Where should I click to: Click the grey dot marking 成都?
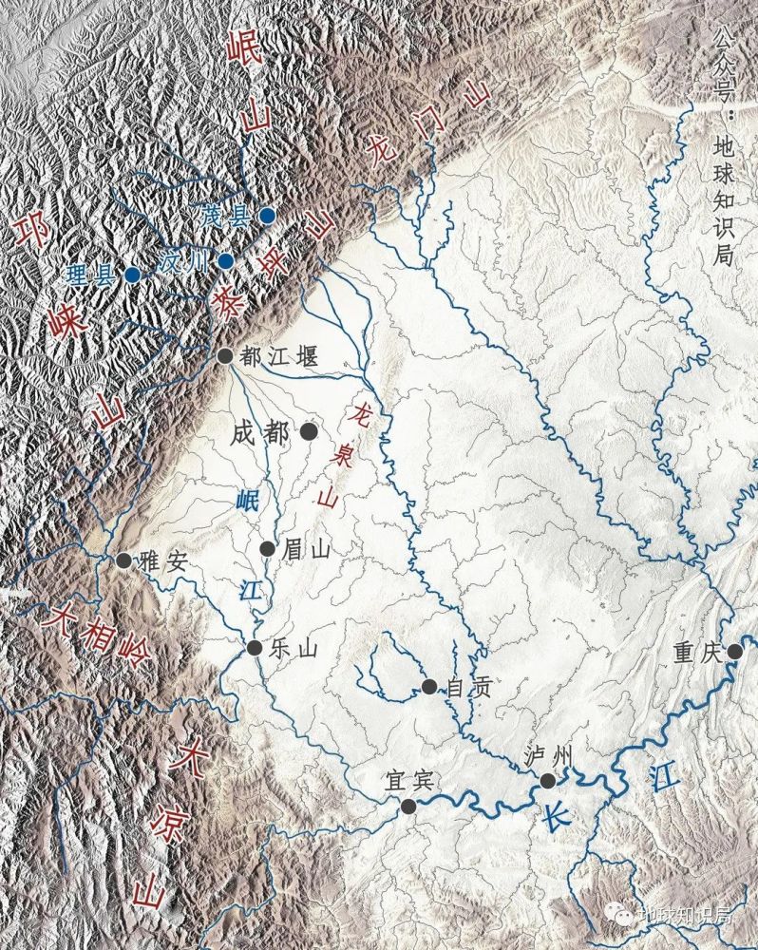[x=309, y=431]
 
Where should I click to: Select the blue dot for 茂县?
[x=268, y=216]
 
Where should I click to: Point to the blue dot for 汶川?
[x=225, y=260]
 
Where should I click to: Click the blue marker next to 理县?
[x=132, y=275]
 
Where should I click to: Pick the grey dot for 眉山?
[x=267, y=549]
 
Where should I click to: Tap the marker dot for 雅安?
[x=123, y=560]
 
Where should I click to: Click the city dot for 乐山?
[x=254, y=648]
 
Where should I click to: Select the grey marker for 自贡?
[x=429, y=686]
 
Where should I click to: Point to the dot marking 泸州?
[x=547, y=781]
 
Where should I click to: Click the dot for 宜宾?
[x=408, y=807]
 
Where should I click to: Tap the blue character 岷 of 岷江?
[x=248, y=500]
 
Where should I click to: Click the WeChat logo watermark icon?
[x=625, y=915]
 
